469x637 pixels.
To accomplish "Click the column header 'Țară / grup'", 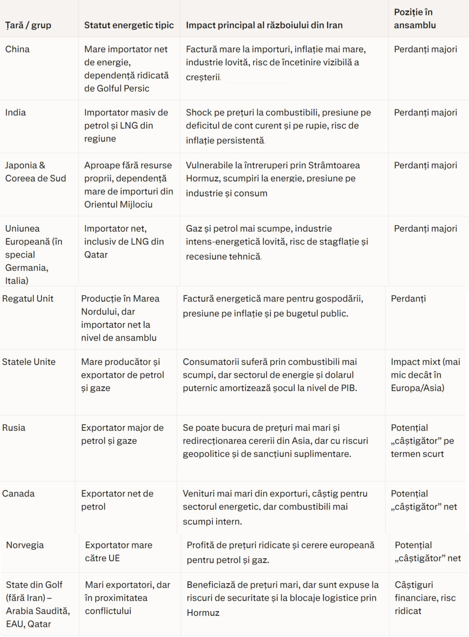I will coord(28,25).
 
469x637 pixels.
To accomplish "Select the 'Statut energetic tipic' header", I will coord(129,25).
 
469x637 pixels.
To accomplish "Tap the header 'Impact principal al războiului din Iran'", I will coord(264,25).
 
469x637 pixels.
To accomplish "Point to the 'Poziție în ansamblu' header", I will coord(415,18).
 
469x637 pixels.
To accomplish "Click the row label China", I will coord(18,49).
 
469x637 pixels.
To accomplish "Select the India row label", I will coord(15,112).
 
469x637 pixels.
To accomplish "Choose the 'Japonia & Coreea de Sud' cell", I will coord(36,172).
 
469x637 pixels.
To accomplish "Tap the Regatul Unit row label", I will coord(28,299).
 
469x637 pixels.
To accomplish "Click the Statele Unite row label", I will coord(29,362).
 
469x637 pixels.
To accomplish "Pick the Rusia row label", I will coord(14,428).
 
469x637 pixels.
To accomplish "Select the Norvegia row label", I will coord(25,545).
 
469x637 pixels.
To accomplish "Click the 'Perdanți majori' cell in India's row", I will coord(425,112).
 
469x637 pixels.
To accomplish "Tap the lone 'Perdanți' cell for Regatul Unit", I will coord(408,299).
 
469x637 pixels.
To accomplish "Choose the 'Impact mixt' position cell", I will coord(425,374).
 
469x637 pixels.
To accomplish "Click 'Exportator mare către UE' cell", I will coord(119,551).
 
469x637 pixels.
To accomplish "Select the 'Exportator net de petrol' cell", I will coord(117,500).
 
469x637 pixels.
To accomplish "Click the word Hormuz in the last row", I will coord(203,613).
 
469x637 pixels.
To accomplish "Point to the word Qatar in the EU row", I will coord(96,255).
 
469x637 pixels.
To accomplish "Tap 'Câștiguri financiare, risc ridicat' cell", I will coord(425,597).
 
